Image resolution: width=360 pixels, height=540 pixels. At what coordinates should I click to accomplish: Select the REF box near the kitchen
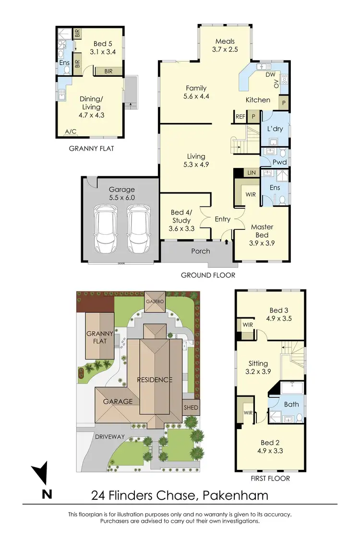coord(240,116)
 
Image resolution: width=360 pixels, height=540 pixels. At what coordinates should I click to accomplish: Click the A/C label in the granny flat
coord(70,132)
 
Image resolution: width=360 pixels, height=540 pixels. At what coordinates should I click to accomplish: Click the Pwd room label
coord(279,162)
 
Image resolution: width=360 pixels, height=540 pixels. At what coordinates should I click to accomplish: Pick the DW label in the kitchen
coord(270,74)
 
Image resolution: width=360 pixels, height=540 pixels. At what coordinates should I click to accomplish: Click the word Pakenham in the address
coord(235,495)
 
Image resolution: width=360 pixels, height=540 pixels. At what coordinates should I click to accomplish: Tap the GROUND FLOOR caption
coord(208,275)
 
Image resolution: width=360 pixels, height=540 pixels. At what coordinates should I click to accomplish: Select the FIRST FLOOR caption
coord(270,478)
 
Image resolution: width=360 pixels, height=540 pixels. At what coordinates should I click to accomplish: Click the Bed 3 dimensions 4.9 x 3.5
coord(278,318)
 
